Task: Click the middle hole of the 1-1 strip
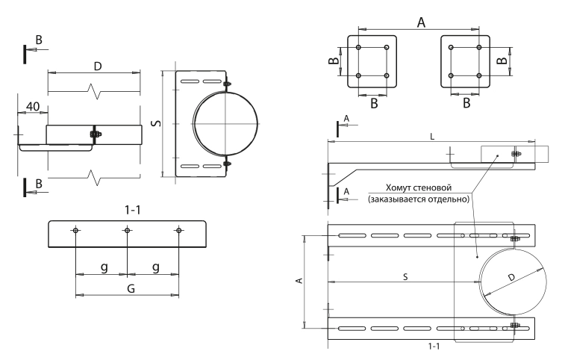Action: point(127,231)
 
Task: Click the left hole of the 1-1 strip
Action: point(75,231)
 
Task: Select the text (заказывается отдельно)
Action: point(417,199)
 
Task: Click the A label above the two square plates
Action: point(421,22)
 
